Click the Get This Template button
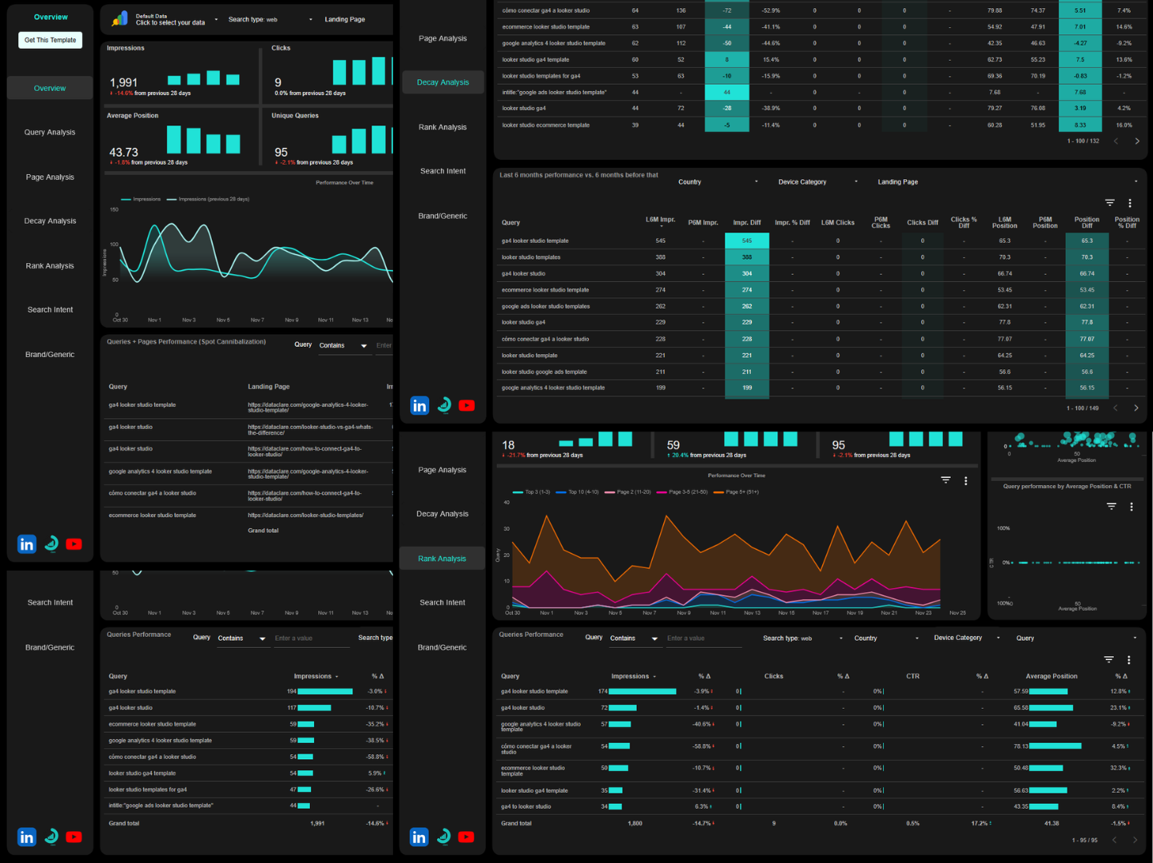pyautogui.click(x=50, y=40)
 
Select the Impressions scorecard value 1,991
pyautogui.click(x=124, y=82)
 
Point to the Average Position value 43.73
pyautogui.click(x=124, y=152)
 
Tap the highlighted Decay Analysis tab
pyautogui.click(x=443, y=82)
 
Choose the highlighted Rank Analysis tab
pyautogui.click(x=442, y=559)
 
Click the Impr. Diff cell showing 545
pyautogui.click(x=746, y=241)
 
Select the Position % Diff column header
pyautogui.click(x=1127, y=222)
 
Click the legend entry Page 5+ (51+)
pyautogui.click(x=741, y=492)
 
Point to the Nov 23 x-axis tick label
pyautogui.click(x=923, y=613)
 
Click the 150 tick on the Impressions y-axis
pyautogui.click(x=114, y=209)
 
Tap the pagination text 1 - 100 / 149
pyautogui.click(x=1082, y=408)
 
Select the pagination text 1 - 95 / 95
pyautogui.click(x=1084, y=840)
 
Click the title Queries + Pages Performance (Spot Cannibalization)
pyautogui.click(x=186, y=341)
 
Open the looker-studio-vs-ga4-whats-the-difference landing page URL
pyautogui.click(x=309, y=430)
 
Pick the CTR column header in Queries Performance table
pyautogui.click(x=912, y=676)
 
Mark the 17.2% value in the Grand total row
pyautogui.click(x=979, y=823)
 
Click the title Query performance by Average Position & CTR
pyautogui.click(x=1067, y=486)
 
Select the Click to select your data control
pyautogui.click(x=170, y=22)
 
